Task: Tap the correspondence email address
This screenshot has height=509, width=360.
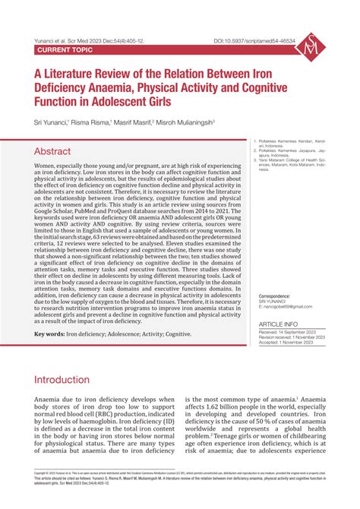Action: point(286,310)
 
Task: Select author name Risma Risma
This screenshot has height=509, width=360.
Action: point(91,122)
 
